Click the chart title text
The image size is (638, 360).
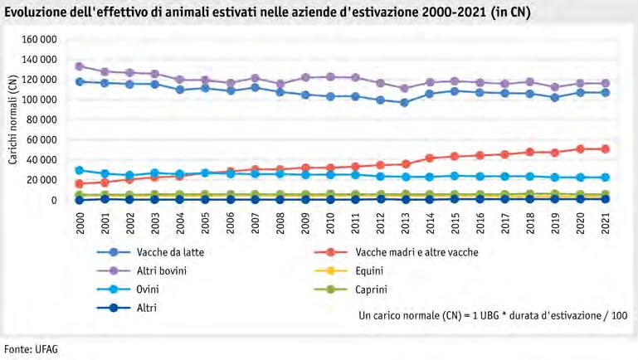click(268, 12)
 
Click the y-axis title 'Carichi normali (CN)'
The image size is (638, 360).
click(14, 119)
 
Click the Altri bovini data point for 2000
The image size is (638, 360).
click(80, 66)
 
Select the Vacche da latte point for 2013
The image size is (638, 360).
click(405, 103)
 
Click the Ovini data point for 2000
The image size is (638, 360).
click(80, 170)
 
